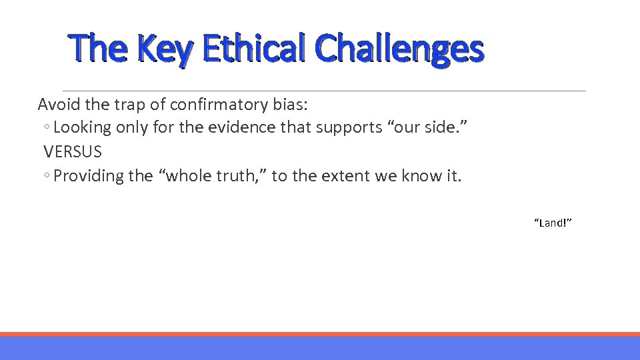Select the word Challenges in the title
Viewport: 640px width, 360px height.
(399, 49)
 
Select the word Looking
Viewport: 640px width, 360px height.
(81, 127)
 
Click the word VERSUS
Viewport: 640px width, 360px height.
(73, 151)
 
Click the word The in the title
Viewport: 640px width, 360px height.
(92, 49)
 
